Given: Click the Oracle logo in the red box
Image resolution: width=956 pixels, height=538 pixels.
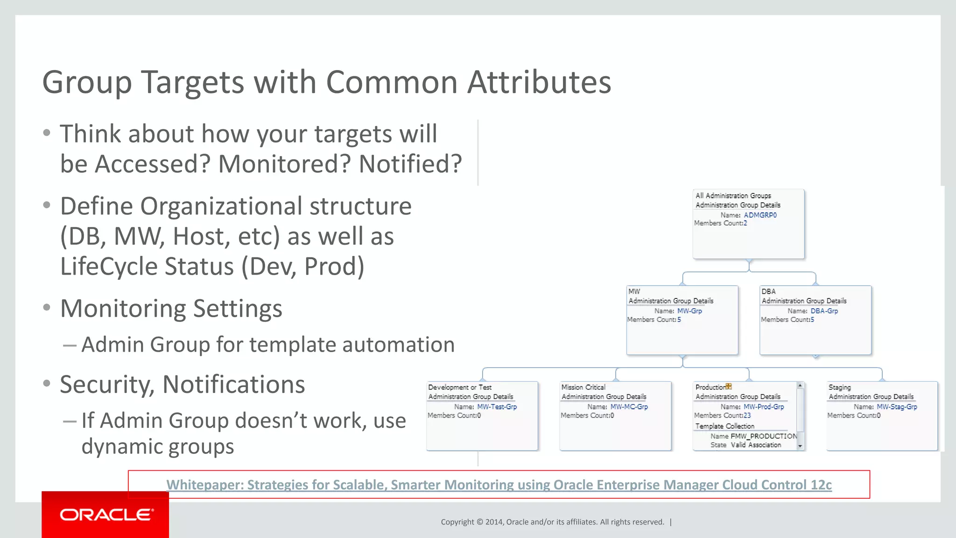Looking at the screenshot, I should pos(106,515).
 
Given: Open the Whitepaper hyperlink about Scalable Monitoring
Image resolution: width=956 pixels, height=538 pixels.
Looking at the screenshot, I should pos(499,485).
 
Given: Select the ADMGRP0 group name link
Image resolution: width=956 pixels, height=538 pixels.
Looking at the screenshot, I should pos(760,215).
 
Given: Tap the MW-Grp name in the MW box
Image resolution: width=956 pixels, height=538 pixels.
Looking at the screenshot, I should pos(689,311).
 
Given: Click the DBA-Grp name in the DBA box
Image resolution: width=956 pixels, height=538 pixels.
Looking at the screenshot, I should pos(824,311).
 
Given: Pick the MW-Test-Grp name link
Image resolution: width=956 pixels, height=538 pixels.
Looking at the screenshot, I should pos(497,407).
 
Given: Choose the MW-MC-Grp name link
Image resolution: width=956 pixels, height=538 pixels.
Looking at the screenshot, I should pos(629,407).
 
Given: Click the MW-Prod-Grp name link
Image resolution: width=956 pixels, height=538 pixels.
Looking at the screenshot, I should pos(763,407).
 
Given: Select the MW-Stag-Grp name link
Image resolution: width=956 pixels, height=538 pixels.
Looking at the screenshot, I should pos(897,407).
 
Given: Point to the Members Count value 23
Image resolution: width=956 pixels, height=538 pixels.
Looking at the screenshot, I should pos(747,415).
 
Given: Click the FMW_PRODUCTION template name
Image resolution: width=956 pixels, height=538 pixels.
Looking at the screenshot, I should pos(764,436).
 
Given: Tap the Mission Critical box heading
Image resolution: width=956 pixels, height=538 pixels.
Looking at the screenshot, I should pos(583,387).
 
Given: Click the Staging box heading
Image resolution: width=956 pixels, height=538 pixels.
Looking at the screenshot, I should pos(839,387).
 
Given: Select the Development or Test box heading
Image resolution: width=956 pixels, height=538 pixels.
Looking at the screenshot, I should pos(459,387).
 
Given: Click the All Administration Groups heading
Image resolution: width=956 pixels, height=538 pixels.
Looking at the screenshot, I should pos(733,196).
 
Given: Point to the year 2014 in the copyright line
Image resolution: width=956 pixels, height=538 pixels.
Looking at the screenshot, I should pos(493,522).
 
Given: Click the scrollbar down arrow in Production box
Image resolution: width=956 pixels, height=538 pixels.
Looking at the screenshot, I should pos(800,446).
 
